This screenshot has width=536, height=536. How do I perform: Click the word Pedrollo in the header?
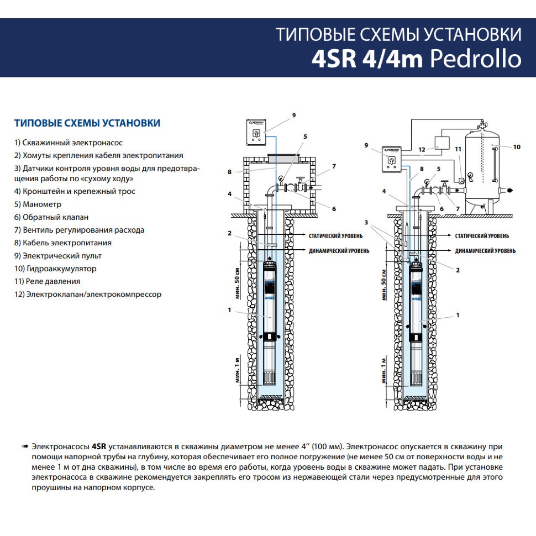(476, 59)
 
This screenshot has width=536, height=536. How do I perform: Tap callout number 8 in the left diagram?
(229, 172)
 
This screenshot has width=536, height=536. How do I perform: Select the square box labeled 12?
(442, 143)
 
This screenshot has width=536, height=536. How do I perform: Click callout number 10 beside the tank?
(517, 147)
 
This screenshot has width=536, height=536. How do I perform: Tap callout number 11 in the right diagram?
(458, 149)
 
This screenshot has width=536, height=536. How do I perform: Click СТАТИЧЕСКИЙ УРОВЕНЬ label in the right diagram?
(482, 236)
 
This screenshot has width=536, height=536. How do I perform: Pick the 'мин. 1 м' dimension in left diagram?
(238, 370)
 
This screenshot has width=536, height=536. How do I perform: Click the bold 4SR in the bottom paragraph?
(99, 446)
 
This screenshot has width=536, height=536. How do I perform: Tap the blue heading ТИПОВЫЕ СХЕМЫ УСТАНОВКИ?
(87, 123)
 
